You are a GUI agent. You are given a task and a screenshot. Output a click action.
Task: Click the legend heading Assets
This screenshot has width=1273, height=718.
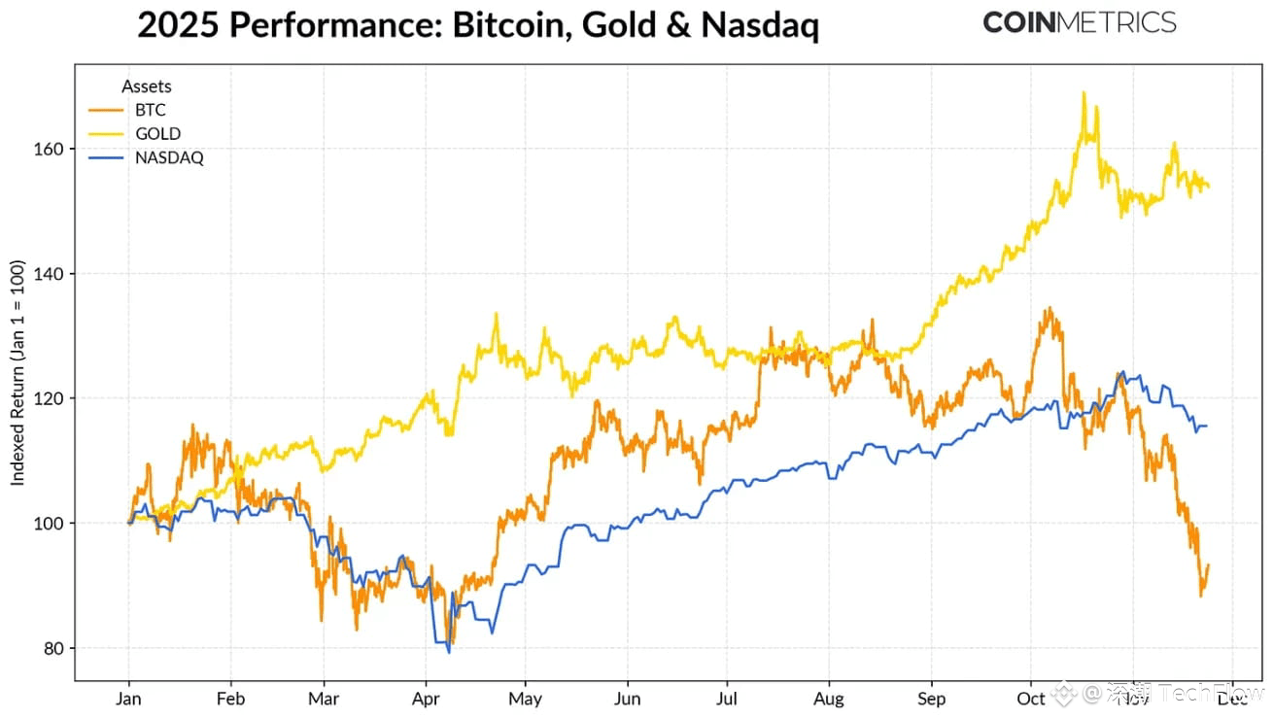[147, 86]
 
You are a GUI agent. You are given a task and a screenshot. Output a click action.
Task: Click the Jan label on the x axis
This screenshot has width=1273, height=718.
[129, 699]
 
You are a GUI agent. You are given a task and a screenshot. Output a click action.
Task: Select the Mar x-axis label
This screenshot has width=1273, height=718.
[324, 699]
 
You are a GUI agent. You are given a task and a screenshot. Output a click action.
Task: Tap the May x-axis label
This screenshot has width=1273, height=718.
[525, 699]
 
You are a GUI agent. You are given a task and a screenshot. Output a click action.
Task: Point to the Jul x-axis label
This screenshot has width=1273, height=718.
[726, 699]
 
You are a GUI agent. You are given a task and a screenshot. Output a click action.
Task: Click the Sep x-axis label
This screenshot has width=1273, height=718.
[931, 699]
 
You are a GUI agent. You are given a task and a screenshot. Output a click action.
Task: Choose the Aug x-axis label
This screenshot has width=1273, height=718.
[829, 699]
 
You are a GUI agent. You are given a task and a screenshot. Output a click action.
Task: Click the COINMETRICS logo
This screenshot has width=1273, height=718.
[1079, 22]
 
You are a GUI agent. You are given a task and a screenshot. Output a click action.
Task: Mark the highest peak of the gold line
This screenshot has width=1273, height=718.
[1083, 92]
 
